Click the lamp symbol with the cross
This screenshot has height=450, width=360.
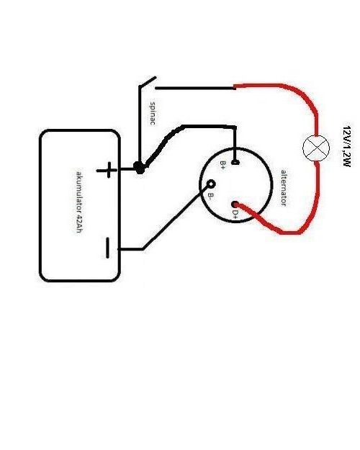pyautogui.click(x=316, y=148)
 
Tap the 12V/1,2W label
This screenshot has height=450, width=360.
pyautogui.click(x=347, y=146)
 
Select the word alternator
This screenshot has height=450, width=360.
pyautogui.click(x=284, y=188)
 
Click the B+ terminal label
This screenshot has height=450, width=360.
pyautogui.click(x=222, y=165)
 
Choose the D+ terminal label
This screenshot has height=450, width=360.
pyautogui.click(x=235, y=215)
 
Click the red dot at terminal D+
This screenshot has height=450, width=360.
pyautogui.click(x=235, y=204)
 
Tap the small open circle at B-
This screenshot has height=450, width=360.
pyautogui.click(x=211, y=184)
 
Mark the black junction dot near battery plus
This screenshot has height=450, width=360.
pyautogui.click(x=140, y=167)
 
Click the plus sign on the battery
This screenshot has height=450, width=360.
pyautogui.click(x=107, y=170)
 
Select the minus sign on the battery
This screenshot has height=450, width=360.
pyautogui.click(x=108, y=248)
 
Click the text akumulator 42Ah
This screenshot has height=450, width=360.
pyautogui.click(x=79, y=202)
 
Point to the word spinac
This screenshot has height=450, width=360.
pyautogui.click(x=153, y=113)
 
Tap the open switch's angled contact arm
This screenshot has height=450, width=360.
pyautogui.click(x=148, y=81)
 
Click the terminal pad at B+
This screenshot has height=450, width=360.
pyautogui.click(x=235, y=163)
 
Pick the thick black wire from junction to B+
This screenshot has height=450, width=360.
pyautogui.click(x=184, y=127)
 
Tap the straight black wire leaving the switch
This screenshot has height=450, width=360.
pyautogui.click(x=195, y=88)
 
